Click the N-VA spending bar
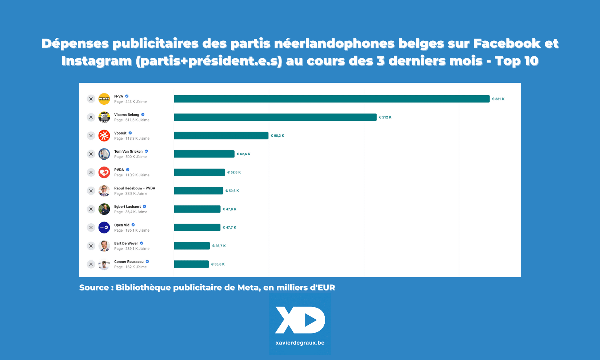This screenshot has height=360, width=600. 332,99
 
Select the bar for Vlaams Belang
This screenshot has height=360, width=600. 275,117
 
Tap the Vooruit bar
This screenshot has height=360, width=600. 221,136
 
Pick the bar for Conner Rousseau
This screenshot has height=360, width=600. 191,264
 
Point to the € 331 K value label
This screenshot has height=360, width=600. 498,99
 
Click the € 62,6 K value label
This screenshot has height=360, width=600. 244,154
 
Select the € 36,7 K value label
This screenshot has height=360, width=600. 219,246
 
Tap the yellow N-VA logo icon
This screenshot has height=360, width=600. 104,99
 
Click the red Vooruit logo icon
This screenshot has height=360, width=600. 104,136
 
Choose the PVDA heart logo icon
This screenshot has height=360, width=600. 104,172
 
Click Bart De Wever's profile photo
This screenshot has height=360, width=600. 104,246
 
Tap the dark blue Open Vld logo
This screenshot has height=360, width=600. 104,228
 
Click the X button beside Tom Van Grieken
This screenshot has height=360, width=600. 91,154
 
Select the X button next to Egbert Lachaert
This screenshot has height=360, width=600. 91,209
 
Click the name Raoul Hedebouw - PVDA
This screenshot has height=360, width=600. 135,188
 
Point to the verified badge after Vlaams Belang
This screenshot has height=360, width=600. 143,115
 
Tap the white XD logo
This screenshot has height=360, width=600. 300,320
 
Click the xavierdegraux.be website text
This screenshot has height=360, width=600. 300,343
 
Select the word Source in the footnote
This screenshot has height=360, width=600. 94,288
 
